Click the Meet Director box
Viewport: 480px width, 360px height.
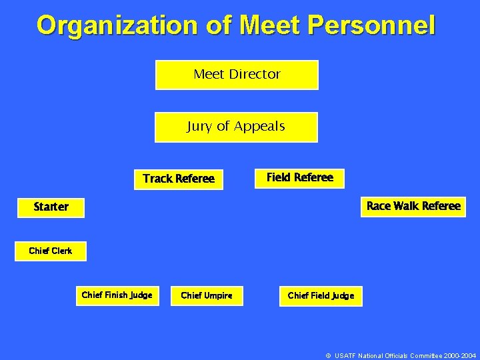tap(237, 75)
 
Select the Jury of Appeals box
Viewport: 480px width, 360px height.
tap(236, 127)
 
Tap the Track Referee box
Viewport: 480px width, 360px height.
tap(179, 179)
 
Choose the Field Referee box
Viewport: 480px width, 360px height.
tap(300, 177)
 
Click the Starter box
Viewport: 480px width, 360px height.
tap(51, 207)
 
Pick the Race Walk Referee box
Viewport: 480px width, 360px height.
tap(413, 206)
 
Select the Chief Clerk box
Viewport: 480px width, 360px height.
tap(51, 251)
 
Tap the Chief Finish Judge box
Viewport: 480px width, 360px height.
tap(117, 295)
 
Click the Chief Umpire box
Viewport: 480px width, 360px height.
tap(207, 295)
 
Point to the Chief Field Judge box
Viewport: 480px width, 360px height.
tap(321, 295)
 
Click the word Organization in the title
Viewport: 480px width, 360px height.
tap(117, 25)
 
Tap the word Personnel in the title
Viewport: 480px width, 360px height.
tap(371, 25)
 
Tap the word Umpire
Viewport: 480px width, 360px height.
tap(218, 295)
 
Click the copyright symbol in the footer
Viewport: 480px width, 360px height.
tap(328, 356)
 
